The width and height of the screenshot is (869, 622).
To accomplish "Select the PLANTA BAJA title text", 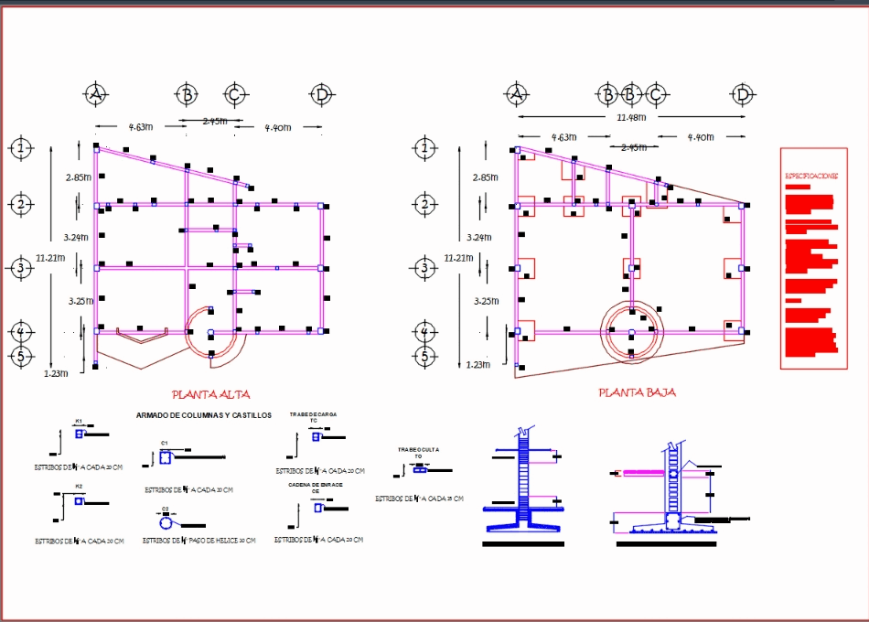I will pyautogui.click(x=637, y=392).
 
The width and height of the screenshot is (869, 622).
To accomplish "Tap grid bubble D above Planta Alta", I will pyautogui.click(x=320, y=94).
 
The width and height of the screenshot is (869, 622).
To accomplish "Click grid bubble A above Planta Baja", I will pyautogui.click(x=517, y=94).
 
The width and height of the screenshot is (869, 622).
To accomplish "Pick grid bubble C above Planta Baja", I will pyautogui.click(x=656, y=94).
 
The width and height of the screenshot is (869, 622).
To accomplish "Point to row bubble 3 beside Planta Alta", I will pyautogui.click(x=20, y=268).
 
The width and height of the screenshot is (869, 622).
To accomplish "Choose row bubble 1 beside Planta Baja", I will pyautogui.click(x=423, y=147).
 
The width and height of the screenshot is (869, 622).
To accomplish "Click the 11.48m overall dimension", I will pyautogui.click(x=630, y=117).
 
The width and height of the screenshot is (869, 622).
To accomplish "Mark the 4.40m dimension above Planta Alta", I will pyautogui.click(x=277, y=128).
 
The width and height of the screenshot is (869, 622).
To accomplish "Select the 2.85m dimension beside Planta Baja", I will pyautogui.click(x=486, y=177).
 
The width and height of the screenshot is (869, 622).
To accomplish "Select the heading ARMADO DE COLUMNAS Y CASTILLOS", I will pyautogui.click(x=203, y=415).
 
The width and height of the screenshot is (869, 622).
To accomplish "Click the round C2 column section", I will pyautogui.click(x=166, y=523).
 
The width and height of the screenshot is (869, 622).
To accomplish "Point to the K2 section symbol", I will pyautogui.click(x=80, y=500).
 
